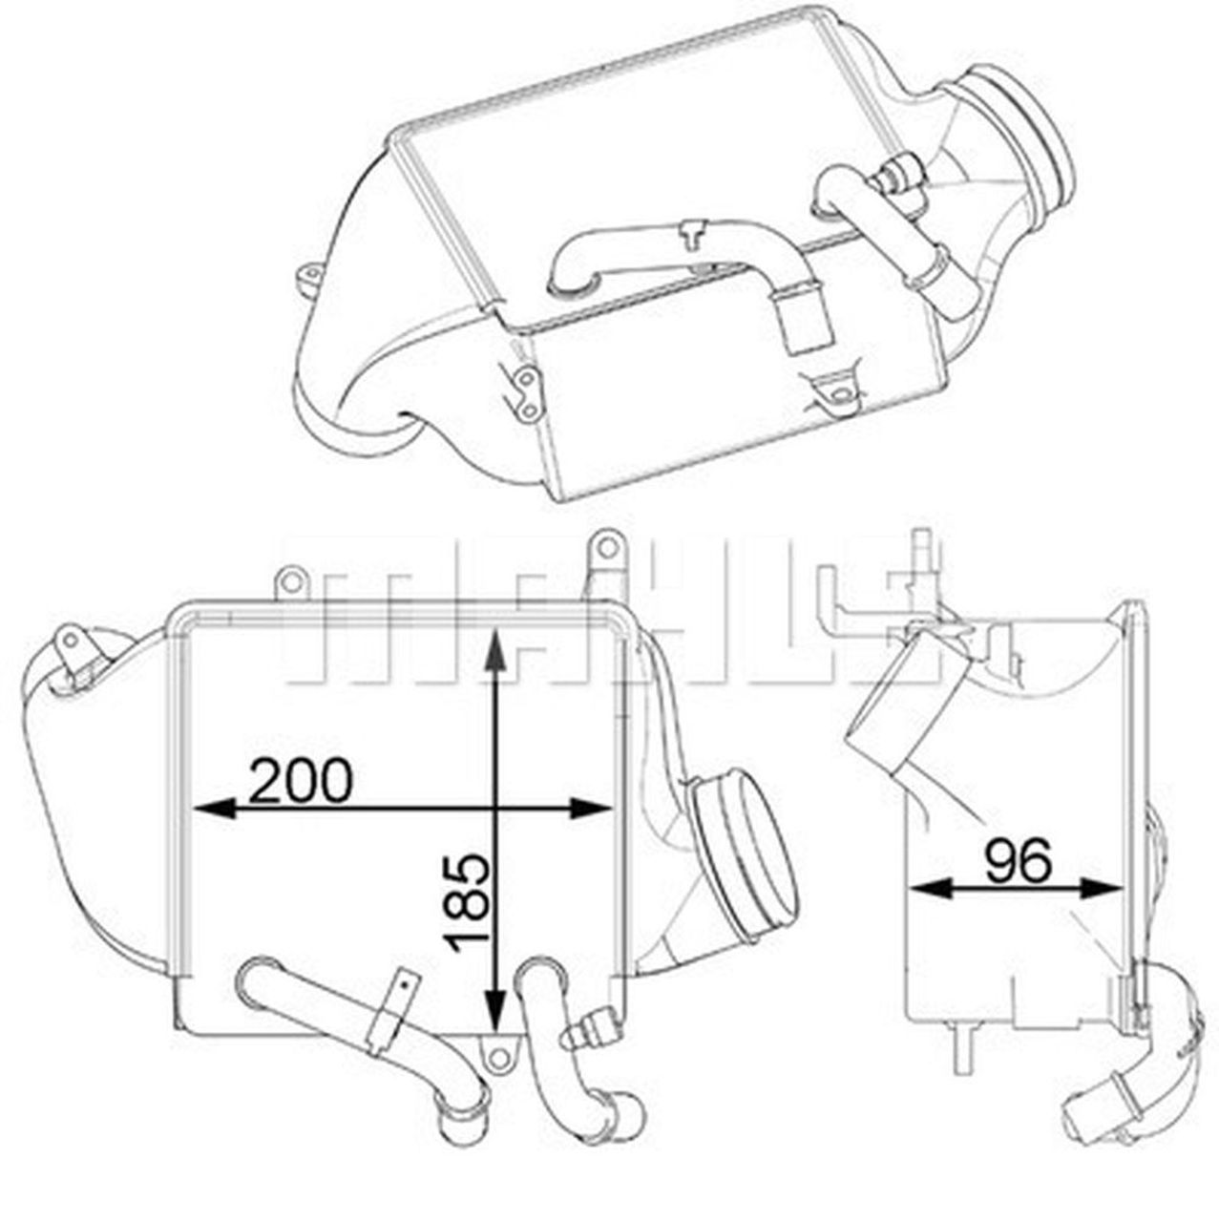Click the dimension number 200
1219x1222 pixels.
pyautogui.click(x=301, y=781)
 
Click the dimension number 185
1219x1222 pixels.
pyautogui.click(x=469, y=901)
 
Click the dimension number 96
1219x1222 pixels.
pyautogui.click(x=1019, y=860)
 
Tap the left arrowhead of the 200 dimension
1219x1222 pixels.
pyautogui.click(x=206, y=809)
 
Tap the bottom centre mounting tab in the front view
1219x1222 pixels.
pyautogui.click(x=494, y=1048)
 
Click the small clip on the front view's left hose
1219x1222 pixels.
pyautogui.click(x=402, y=993)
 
